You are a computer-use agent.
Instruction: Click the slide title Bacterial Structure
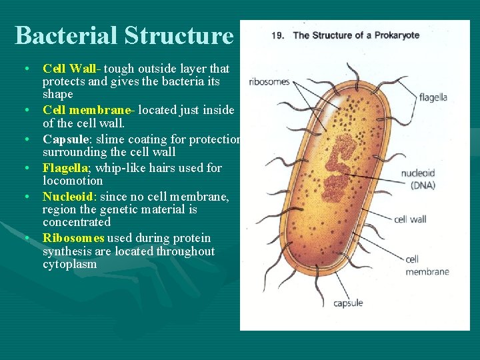pyautogui.click(x=124, y=35)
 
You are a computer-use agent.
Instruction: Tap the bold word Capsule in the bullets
pyautogui.click(x=65, y=139)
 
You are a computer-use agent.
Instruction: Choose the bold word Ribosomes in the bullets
pyautogui.click(x=73, y=238)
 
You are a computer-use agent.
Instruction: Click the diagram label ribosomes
pyautogui.click(x=269, y=82)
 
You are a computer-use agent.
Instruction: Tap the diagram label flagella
pyautogui.click(x=433, y=97)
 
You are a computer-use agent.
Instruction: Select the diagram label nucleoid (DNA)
pyautogui.click(x=417, y=179)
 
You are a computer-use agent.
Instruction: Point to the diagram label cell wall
pyautogui.click(x=410, y=219)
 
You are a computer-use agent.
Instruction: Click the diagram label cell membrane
pyautogui.click(x=427, y=265)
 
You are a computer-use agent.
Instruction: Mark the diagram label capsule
pyautogui.click(x=348, y=303)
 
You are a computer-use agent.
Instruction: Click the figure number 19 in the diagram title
pyautogui.click(x=277, y=35)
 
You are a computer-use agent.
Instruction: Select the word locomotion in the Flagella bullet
pyautogui.click(x=73, y=181)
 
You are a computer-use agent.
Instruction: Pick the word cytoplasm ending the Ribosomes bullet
pyautogui.click(x=69, y=264)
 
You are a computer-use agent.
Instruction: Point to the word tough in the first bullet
pyautogui.click(x=117, y=69)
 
